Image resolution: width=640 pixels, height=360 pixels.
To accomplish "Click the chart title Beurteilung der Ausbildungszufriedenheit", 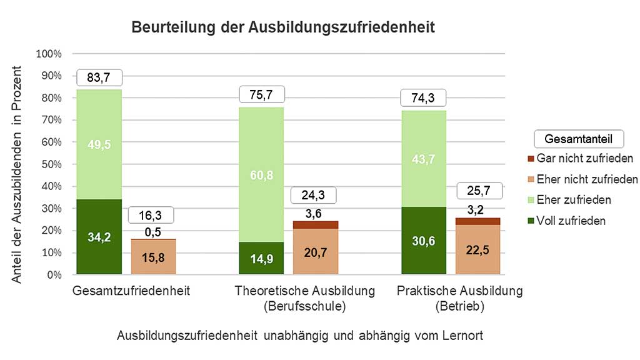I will tap(282, 27).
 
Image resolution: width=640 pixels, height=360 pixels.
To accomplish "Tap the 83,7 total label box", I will tap(99, 77).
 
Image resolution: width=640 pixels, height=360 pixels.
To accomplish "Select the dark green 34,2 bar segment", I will tap(99, 237).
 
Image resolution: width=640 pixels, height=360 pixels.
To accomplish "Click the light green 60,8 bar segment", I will tap(262, 174).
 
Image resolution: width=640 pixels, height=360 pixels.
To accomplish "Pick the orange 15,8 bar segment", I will tap(153, 257).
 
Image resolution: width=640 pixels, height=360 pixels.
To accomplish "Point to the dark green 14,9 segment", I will tap(262, 258).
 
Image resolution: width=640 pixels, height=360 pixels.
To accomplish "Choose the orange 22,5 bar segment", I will tap(477, 249).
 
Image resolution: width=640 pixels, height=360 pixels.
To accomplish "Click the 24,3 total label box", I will tap(314, 195).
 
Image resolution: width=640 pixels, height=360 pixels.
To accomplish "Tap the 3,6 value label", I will tap(314, 213).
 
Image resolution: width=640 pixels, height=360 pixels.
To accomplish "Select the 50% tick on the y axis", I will tap(50, 164).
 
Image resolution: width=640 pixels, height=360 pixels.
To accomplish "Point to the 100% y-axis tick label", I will tap(49, 54).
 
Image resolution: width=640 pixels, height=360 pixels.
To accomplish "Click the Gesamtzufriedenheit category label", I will tap(131, 291).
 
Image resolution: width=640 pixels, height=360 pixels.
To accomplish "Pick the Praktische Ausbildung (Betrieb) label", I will tap(459, 299).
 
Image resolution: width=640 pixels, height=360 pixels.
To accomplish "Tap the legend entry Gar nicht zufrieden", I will tap(585, 159).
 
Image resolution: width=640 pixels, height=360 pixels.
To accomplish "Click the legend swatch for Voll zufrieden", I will tap(531, 221).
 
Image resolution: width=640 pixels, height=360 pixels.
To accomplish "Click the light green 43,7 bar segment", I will tap(423, 159).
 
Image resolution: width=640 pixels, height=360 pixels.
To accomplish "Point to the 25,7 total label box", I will tap(479, 190).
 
